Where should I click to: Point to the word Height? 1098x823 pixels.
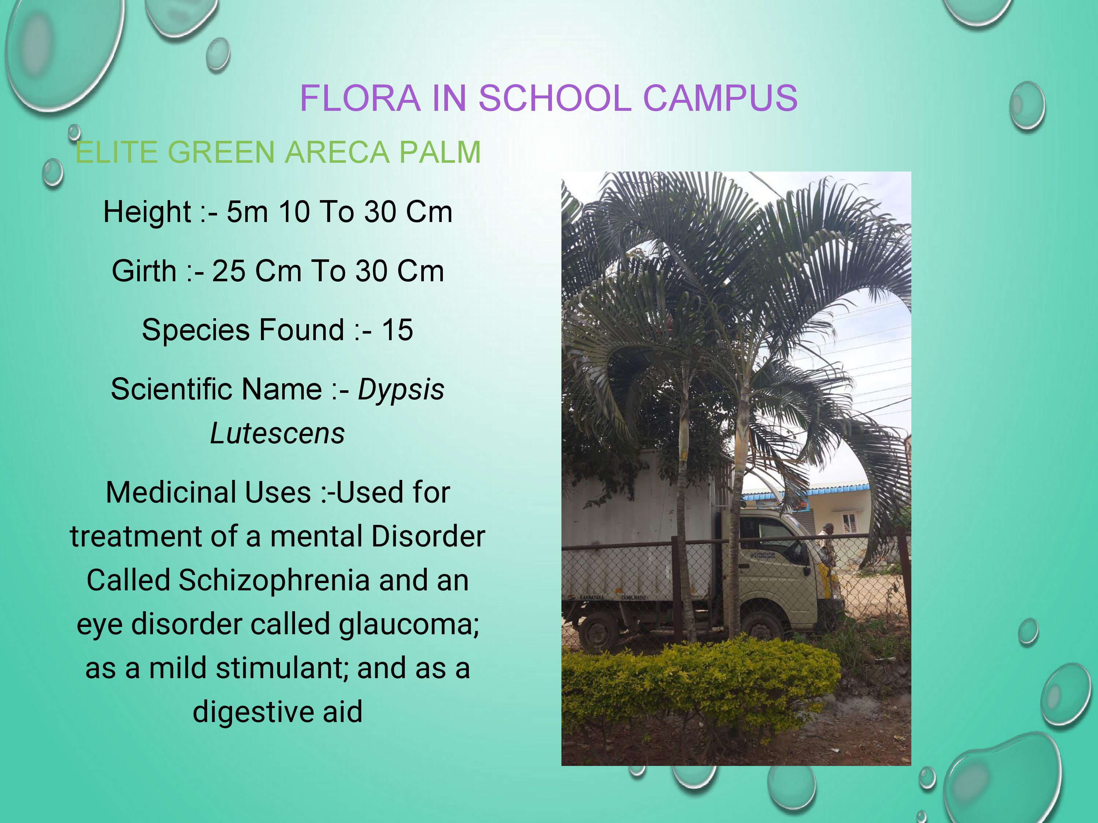click(147, 212)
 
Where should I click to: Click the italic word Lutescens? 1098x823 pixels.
click(277, 433)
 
